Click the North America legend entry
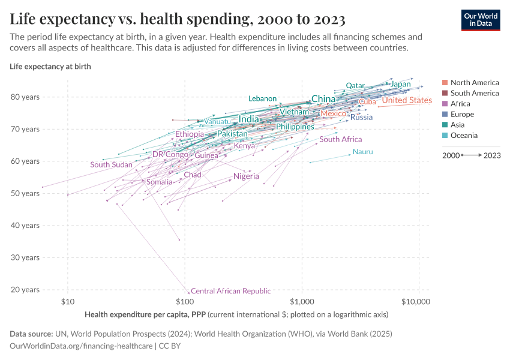pos(474,83)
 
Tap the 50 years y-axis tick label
pos(25,194)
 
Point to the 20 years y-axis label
pos(25,290)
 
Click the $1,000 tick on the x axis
pos(301,301)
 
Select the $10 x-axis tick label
pos(68,301)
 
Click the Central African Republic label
pos(230,291)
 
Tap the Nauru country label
pos(362,152)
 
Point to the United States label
pos(407,101)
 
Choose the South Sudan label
pos(111,165)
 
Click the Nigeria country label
pos(246,176)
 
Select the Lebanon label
pos(262,99)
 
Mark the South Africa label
pos(340,140)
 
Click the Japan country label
pos(400,85)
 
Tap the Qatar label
pos(355,86)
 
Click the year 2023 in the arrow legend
pos(492,155)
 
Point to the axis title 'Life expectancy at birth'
pos(50,67)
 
